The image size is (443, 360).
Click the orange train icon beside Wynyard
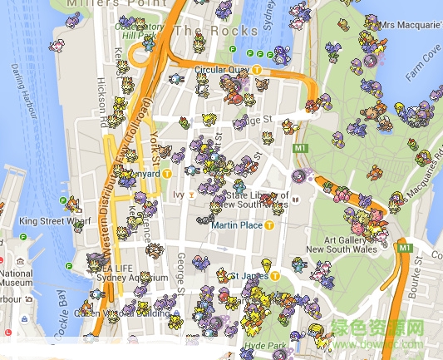click(167, 175)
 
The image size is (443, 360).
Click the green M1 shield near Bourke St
click(405, 248)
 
